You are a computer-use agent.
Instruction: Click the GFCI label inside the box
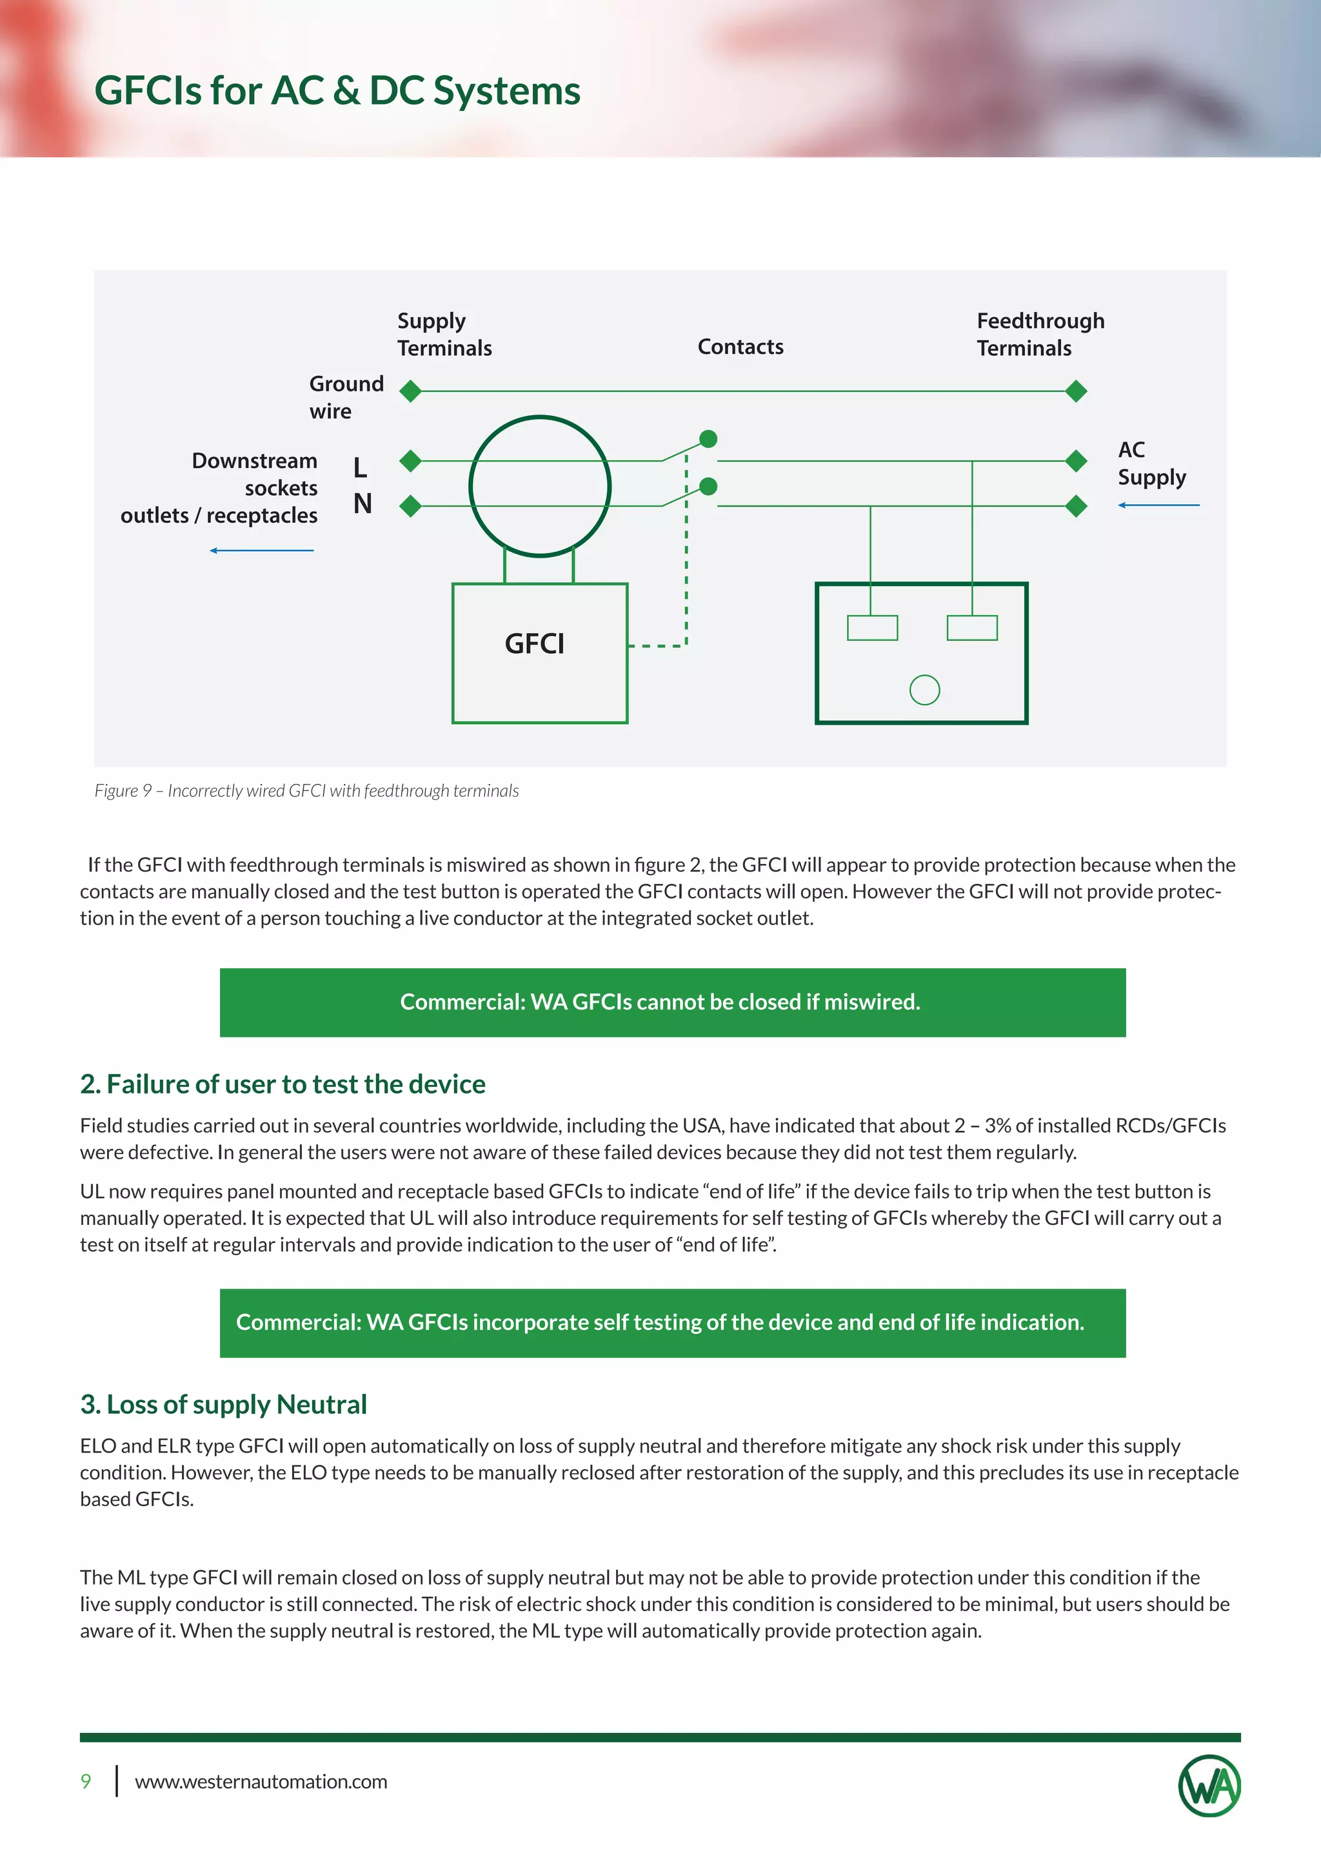point(535,644)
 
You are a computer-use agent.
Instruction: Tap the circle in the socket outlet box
point(924,690)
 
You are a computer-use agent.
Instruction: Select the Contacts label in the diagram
point(740,347)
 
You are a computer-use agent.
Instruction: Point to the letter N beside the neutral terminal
point(362,504)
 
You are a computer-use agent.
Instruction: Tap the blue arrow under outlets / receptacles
point(261,551)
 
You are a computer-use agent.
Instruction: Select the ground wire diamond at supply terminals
point(411,391)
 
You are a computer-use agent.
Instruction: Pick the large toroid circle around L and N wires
point(539,486)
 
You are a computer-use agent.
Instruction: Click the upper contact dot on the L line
point(708,439)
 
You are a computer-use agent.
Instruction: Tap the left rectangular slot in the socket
point(872,628)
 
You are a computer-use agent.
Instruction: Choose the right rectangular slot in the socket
point(972,628)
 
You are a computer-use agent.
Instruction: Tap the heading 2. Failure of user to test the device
point(283,1084)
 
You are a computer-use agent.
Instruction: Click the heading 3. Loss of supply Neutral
point(224,1404)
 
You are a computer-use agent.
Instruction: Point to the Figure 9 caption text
point(306,790)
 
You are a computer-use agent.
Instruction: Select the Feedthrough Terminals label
point(1040,334)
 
